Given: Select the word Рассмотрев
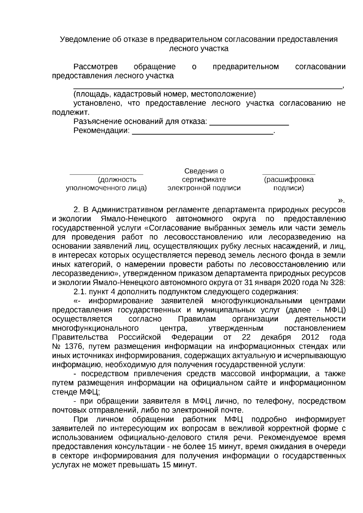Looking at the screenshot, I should (96, 67).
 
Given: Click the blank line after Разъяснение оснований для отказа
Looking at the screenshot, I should (249, 124).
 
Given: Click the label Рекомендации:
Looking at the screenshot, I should (102, 131).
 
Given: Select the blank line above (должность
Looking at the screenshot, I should (106, 174).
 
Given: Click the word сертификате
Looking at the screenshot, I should (204, 179).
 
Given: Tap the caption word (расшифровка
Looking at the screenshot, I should (289, 179).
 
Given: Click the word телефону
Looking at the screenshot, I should (274, 401).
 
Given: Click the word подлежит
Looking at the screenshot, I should (70, 113).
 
